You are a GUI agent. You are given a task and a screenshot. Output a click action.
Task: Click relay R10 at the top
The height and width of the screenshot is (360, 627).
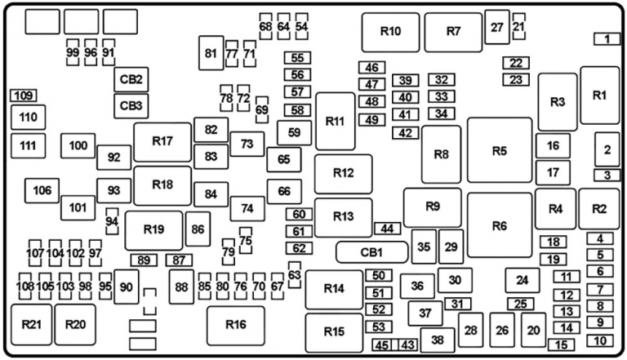coord(390,32)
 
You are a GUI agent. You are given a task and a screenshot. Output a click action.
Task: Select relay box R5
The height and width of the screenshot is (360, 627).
coord(499,150)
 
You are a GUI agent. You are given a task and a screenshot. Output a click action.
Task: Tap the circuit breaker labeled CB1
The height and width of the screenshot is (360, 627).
coord(371,251)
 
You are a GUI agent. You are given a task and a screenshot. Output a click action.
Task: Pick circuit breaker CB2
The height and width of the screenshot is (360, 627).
coord(131,80)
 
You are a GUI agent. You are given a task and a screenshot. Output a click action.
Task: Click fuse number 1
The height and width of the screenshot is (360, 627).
coord(607,38)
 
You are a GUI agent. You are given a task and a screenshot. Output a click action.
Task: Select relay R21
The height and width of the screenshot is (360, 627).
coord(31,325)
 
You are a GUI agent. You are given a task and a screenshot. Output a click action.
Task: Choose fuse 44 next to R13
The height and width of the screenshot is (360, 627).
coord(387,229)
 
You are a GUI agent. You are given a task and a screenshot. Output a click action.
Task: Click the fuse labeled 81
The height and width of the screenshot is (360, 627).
coord(211,54)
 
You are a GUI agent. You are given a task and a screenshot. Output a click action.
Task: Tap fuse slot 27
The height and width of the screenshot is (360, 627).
coord(496,28)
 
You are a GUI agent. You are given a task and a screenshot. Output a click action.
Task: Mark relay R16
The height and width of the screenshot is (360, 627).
coord(235,325)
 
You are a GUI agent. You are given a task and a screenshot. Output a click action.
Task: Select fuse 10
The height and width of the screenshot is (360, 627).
coord(600,340)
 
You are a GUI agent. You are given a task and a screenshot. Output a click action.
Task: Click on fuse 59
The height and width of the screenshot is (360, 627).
coord(294,131)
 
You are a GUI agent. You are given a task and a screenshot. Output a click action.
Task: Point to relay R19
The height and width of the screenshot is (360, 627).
coord(153,229)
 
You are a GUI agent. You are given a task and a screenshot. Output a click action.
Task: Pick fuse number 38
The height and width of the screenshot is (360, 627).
coord(437,340)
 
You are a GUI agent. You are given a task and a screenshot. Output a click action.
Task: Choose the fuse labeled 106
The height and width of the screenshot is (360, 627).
coord(42,191)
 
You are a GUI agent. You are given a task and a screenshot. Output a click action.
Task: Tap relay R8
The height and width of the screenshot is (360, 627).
coord(441,154)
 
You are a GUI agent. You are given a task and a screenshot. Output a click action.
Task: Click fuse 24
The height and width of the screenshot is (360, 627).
coord(522,281)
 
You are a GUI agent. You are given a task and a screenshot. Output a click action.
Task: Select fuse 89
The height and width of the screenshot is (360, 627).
coord(145,260)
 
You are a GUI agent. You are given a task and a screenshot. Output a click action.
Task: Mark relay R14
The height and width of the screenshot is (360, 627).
coord(333,289)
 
